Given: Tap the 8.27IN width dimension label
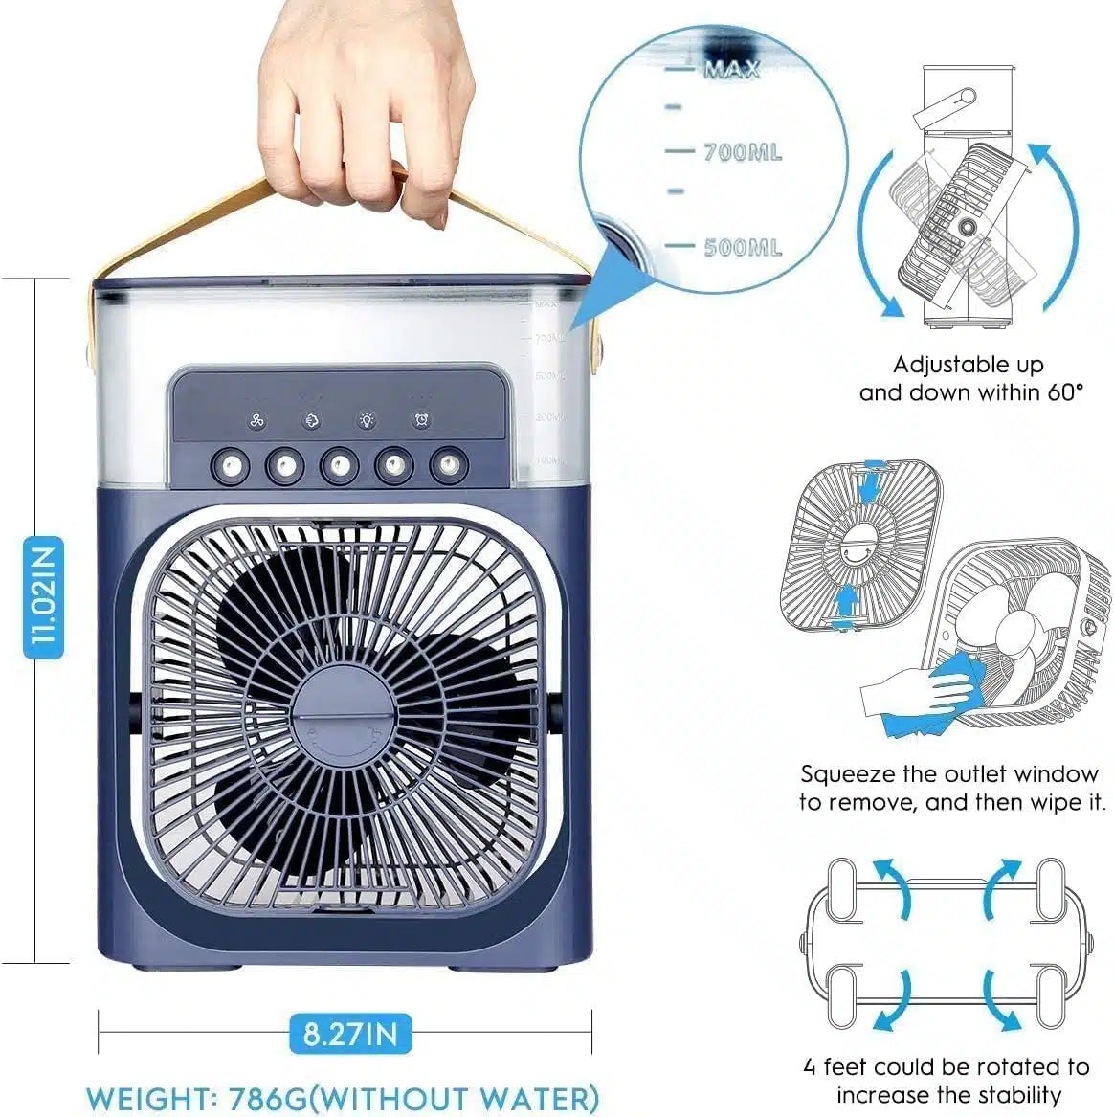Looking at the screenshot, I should (349, 1033).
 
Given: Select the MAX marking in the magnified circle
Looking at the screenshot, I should (731, 69).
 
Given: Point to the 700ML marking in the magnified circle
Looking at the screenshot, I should (742, 152).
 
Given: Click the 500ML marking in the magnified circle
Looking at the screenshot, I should (743, 247).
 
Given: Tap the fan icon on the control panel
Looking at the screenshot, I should (256, 421).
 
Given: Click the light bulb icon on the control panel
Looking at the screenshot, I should (367, 421).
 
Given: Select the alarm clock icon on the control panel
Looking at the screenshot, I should (421, 421).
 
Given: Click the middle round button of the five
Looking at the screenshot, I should (340, 466).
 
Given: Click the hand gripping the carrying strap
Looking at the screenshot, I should (368, 105).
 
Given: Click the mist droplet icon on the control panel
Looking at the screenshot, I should (312, 421).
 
